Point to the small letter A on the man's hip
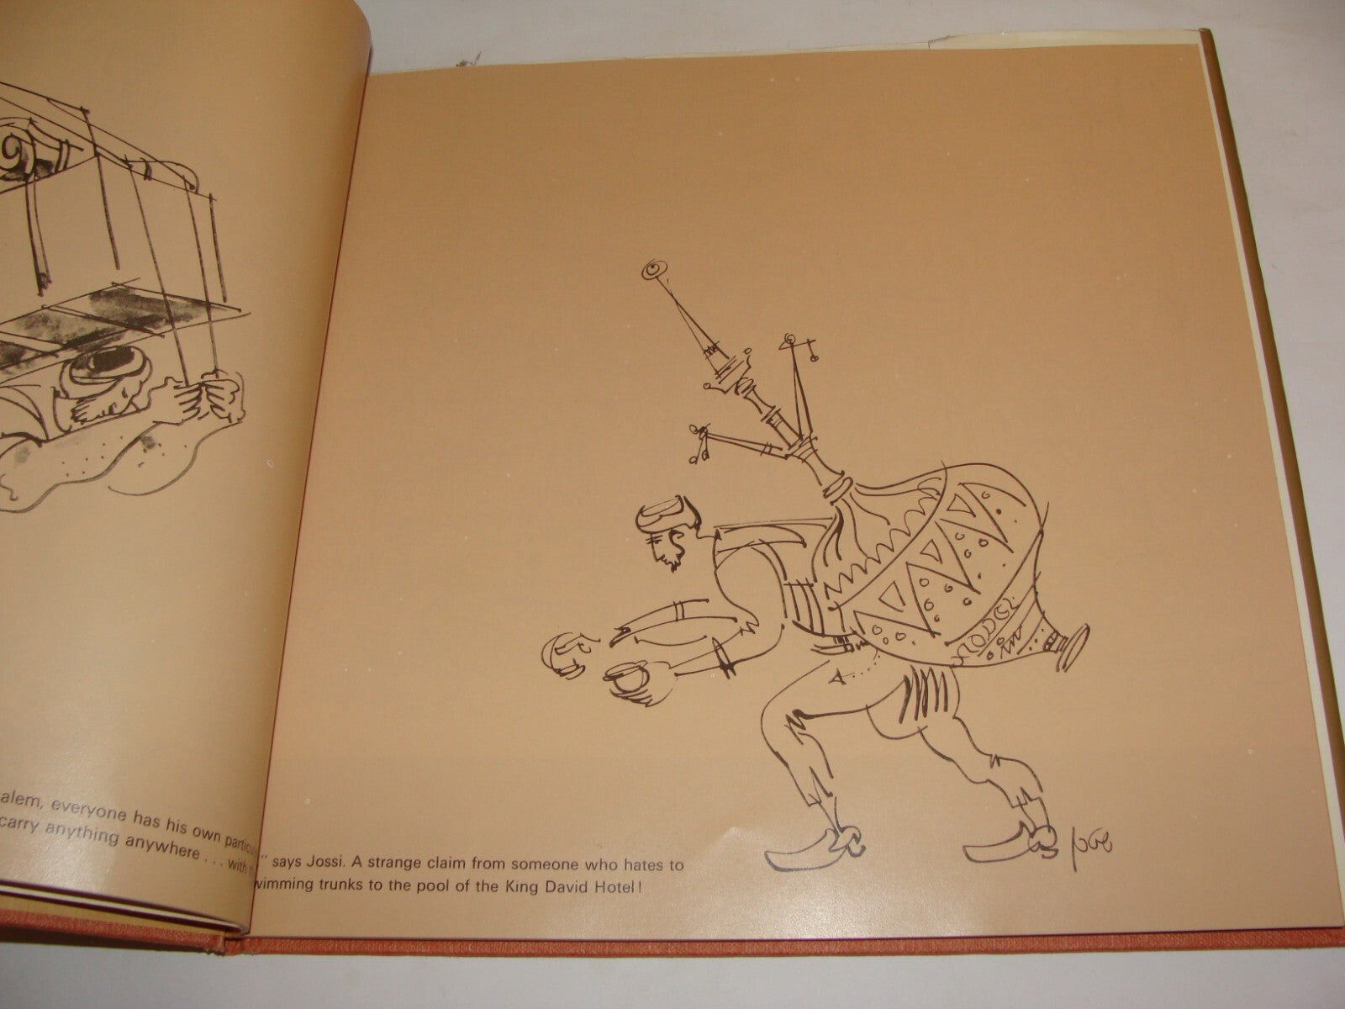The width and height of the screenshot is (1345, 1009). (x=833, y=676)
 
